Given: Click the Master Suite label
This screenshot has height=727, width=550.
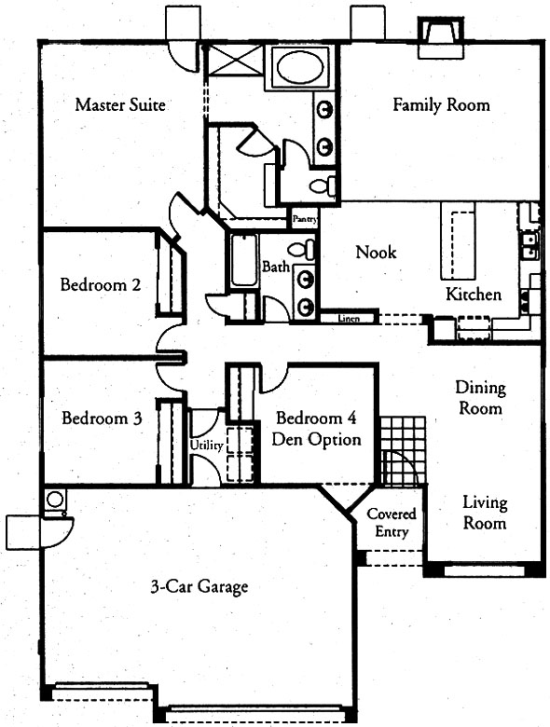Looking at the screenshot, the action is [x=120, y=104].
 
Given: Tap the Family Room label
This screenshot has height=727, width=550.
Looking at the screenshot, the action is [x=441, y=104].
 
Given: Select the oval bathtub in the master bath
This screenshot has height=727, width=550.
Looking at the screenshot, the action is [x=300, y=67].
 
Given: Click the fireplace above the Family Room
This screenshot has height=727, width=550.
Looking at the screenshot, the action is [x=441, y=37].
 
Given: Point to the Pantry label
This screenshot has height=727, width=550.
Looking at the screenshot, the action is [x=305, y=219].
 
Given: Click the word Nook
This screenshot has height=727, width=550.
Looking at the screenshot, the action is [x=376, y=253].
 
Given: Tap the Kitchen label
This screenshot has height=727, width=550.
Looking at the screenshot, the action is [x=473, y=294].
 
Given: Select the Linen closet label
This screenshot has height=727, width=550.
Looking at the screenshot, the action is [x=349, y=319].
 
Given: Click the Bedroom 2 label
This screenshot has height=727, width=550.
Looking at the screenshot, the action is [x=101, y=284].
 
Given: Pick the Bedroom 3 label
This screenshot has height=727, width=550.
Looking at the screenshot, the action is [x=102, y=418].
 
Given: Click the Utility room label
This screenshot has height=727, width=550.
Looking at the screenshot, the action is [x=207, y=446].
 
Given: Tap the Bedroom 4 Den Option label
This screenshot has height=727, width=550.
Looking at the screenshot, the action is [x=316, y=429].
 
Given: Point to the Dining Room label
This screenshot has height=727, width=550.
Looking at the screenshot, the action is [x=480, y=398].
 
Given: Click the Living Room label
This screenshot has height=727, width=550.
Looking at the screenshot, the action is [x=485, y=513].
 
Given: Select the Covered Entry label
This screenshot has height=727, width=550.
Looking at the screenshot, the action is [x=392, y=522].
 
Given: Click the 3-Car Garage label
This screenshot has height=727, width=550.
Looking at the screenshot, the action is [x=199, y=587].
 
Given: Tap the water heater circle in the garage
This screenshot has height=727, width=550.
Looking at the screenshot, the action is [x=55, y=500].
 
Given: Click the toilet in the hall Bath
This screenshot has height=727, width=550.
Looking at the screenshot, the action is [x=301, y=251].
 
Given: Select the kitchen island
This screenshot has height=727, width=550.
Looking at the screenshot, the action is [x=458, y=240].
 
